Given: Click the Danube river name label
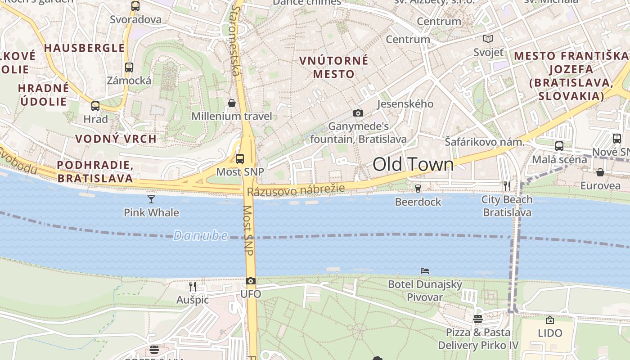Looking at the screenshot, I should [x=200, y=235].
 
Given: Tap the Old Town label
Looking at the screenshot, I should [x=413, y=164].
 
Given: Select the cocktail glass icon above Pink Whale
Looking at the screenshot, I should [x=151, y=199].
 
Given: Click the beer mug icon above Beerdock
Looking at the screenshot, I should [x=418, y=188].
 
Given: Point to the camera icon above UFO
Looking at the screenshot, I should [x=251, y=281].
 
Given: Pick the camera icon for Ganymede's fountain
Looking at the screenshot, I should [x=358, y=113].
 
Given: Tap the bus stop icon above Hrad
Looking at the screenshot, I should [x=95, y=106].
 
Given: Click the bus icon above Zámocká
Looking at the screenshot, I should [x=129, y=67].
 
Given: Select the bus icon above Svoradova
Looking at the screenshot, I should [x=135, y=6].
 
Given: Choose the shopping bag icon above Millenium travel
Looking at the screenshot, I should [x=232, y=103].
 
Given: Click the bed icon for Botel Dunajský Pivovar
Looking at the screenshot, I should [x=425, y=271].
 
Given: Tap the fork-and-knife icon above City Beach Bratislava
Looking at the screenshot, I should [x=507, y=186].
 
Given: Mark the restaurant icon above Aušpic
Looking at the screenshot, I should [x=193, y=286].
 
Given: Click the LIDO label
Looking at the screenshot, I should [x=550, y=333].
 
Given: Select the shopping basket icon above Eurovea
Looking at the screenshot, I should [x=600, y=172].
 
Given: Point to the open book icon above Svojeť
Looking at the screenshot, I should [x=488, y=39].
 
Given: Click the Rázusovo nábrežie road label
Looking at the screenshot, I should [x=296, y=190].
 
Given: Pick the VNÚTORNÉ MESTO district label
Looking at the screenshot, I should [x=334, y=67].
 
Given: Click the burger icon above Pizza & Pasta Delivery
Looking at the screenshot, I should [x=478, y=319].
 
